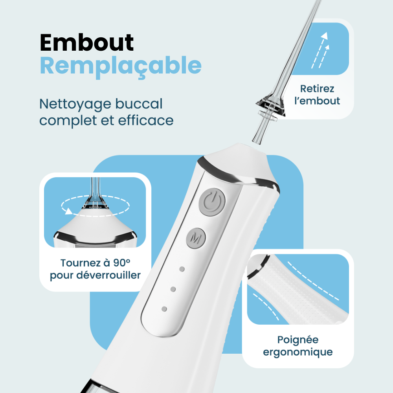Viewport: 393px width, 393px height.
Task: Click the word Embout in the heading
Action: [86, 43]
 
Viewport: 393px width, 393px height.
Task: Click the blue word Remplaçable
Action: [120, 66]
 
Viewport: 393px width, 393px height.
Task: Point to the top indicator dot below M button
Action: [182, 269]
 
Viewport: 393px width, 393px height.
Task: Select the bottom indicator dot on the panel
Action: [164, 309]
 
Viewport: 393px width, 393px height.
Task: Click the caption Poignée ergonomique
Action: [297, 346]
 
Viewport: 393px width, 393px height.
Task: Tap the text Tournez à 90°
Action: [95, 263]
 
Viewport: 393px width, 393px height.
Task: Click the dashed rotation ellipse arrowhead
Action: [69, 211]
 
